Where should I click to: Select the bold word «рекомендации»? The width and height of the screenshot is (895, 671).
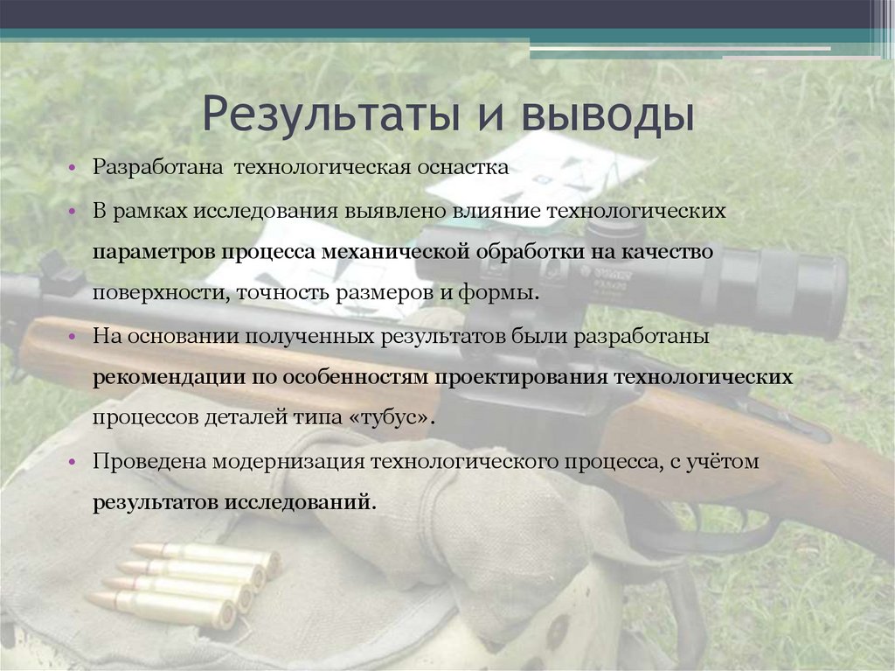156,377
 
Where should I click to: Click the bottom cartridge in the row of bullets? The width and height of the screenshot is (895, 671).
162,609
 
